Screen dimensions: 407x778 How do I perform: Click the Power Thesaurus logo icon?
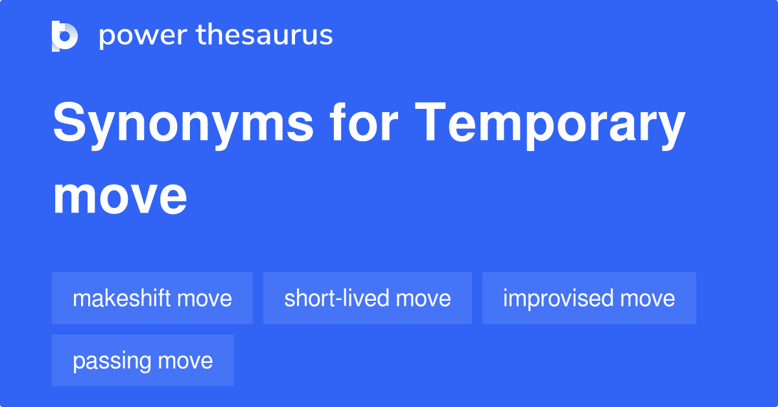pyautogui.click(x=65, y=36)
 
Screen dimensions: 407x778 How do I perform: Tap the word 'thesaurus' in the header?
pyautogui.click(x=265, y=36)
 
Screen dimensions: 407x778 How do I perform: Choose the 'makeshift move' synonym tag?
pyautogui.click(x=152, y=298)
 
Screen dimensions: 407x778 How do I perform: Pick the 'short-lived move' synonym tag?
pyautogui.click(x=368, y=298)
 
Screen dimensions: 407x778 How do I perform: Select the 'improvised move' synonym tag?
pyautogui.click(x=589, y=298)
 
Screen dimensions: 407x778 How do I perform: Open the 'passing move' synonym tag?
pyautogui.click(x=143, y=360)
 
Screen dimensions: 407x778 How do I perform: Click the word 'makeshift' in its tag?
pyautogui.click(x=122, y=298)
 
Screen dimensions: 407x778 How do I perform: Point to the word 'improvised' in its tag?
pyautogui.click(x=558, y=298)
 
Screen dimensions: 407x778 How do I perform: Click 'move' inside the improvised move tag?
pyautogui.click(x=648, y=298)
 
